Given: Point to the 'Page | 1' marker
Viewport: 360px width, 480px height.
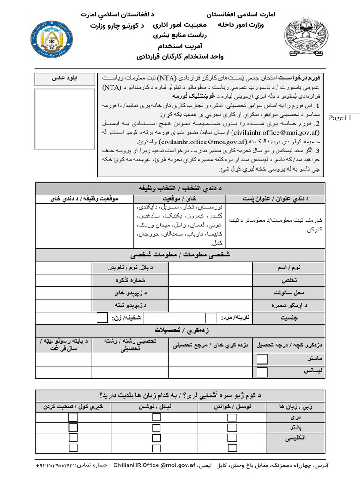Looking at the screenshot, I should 340,118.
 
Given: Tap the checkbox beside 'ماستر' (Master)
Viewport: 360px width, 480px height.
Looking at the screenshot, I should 262,359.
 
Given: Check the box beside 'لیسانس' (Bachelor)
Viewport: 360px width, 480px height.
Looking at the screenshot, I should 262,372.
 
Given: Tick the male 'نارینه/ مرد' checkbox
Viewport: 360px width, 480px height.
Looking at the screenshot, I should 211,318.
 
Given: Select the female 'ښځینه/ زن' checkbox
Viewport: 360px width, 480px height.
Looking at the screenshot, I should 102,318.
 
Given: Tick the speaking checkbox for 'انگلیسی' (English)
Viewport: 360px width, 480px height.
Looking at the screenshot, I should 73,438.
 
